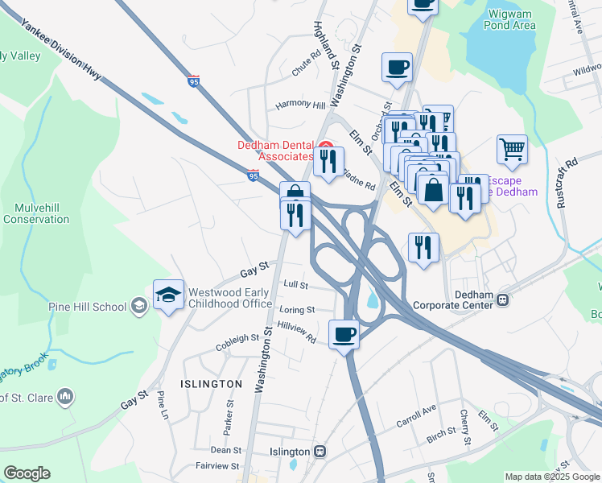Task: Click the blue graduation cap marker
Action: click(169, 296)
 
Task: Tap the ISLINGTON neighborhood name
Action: click(211, 384)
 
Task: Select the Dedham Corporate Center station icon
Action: click(503, 299)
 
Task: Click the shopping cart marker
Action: click(512, 150)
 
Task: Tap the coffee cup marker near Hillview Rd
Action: click(344, 334)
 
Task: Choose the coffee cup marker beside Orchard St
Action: click(397, 68)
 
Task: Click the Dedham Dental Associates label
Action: click(275, 151)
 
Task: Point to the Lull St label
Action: click(297, 284)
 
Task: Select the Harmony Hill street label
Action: click(300, 105)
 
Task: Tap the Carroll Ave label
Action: click(415, 415)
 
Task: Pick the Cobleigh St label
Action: click(237, 343)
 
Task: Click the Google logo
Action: click(27, 473)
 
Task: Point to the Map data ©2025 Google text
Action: click(551, 477)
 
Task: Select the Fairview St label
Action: click(217, 466)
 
